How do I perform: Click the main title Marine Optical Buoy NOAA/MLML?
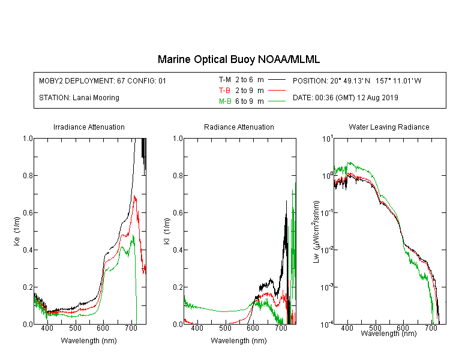238,59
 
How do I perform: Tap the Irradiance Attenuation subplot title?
89,127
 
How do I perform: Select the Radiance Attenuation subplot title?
239,127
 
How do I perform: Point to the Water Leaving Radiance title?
389,127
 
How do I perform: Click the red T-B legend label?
224,91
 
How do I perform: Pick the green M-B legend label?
225,101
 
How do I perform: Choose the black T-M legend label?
225,80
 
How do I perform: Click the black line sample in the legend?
277,80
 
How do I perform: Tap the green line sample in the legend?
277,101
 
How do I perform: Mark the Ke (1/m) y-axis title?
17,231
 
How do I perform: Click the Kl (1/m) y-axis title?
167,232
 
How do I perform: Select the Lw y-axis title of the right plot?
316,232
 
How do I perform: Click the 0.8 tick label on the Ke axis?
28,175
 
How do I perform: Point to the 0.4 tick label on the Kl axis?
178,250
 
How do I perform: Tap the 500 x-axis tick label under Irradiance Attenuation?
75,328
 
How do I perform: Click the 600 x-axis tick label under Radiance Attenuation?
253,328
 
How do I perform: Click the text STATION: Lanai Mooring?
79,98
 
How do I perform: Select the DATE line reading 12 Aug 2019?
346,98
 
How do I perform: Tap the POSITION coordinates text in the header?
357,80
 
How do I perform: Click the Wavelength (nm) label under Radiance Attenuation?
239,341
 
